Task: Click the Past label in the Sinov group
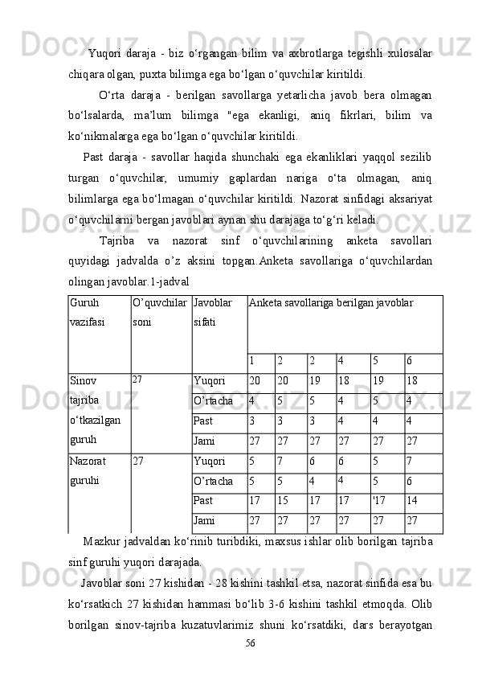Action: (x=203, y=421)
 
